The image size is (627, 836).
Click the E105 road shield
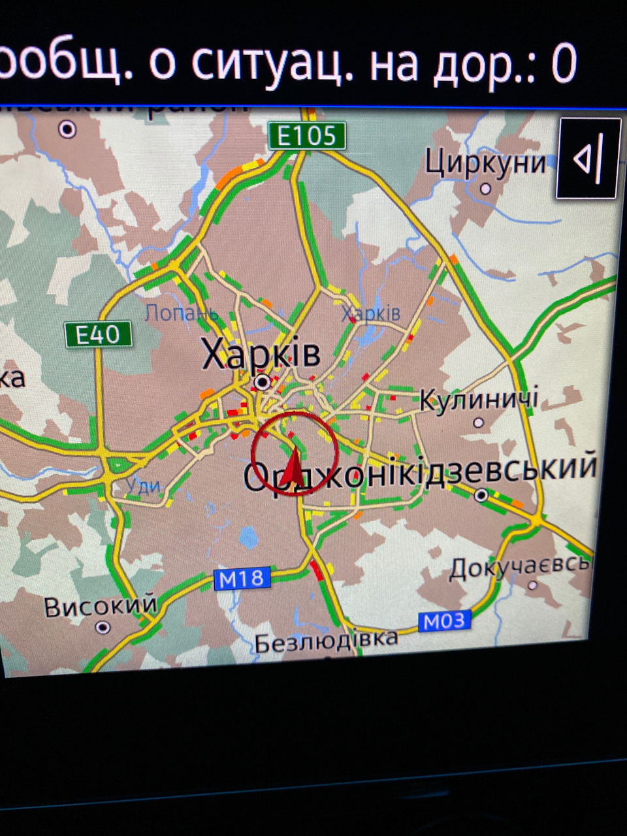click(x=306, y=136)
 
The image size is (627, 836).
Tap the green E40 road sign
click(x=98, y=335)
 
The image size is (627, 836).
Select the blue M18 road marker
click(x=242, y=578)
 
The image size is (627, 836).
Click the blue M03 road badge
click(x=444, y=621)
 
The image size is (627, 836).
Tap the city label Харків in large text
click(x=261, y=355)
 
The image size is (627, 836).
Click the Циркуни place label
click(x=485, y=161)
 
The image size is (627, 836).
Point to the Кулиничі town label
click(x=479, y=399)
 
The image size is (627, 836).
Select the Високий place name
click(x=101, y=606)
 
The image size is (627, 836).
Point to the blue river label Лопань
click(x=181, y=313)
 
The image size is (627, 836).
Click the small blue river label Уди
click(x=143, y=485)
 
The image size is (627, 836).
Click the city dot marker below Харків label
click(x=263, y=381)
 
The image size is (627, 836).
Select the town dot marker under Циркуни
click(x=485, y=189)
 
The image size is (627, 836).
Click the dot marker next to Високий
click(x=103, y=628)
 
